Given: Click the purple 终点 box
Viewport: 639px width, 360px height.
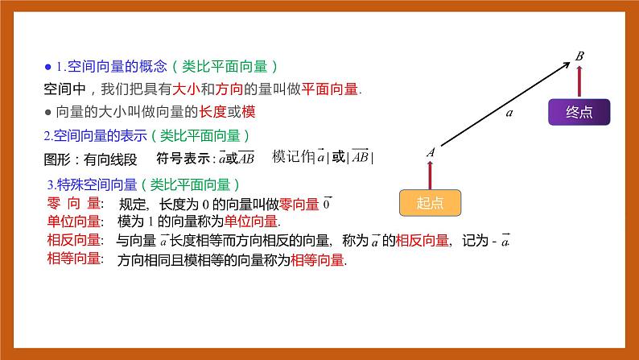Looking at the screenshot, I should (x=579, y=113).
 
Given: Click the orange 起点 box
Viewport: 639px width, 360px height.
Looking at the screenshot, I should (x=431, y=204).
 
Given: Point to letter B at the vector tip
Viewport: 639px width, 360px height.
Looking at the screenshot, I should (x=579, y=56).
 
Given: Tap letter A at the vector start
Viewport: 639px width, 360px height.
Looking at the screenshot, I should (x=431, y=151).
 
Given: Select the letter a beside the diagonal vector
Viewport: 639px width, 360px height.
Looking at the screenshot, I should (x=509, y=114).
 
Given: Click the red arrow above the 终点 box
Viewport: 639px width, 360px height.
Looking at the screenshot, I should (x=579, y=81).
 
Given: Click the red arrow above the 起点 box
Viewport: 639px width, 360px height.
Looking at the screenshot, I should (x=431, y=174).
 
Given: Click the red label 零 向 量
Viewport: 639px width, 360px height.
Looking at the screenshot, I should (x=73, y=205).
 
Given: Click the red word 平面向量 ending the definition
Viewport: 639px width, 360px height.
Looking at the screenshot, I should (x=331, y=89).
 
